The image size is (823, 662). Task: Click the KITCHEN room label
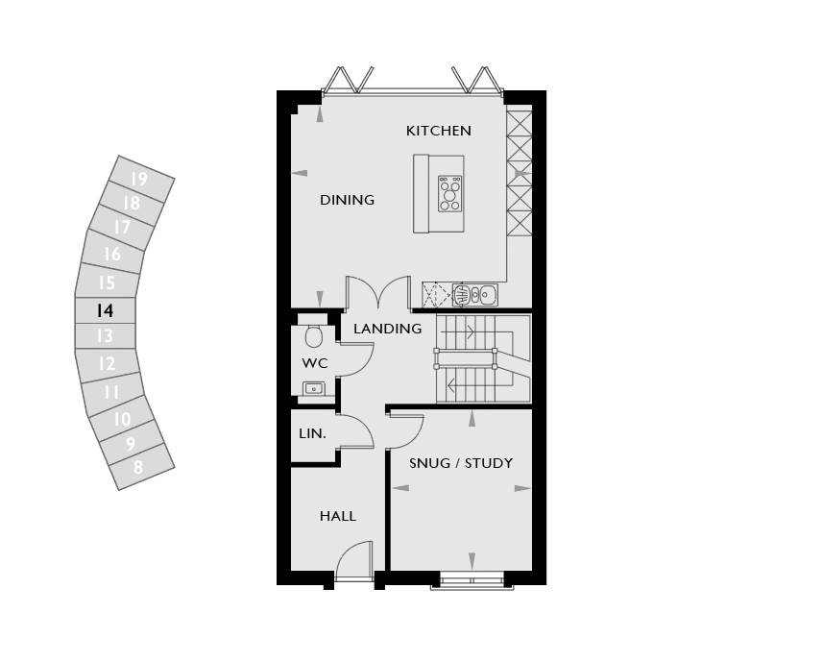[439, 131]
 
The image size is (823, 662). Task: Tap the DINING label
[348, 200]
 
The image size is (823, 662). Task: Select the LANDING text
[387, 329]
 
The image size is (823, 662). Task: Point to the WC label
[315, 363]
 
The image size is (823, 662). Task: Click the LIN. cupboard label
[312, 434]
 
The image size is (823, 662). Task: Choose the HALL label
[338, 517]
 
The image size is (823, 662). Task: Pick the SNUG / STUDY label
[461, 463]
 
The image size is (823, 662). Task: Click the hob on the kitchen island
[450, 194]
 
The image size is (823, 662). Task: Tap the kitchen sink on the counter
[474, 295]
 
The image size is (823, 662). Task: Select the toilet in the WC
[314, 336]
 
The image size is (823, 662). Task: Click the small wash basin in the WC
[314, 389]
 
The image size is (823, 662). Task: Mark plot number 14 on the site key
[105, 310]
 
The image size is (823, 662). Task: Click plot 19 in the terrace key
[140, 179]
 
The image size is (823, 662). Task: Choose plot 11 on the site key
[112, 392]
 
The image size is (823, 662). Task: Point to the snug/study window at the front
[472, 580]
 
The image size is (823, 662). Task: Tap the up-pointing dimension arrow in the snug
[472, 418]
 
